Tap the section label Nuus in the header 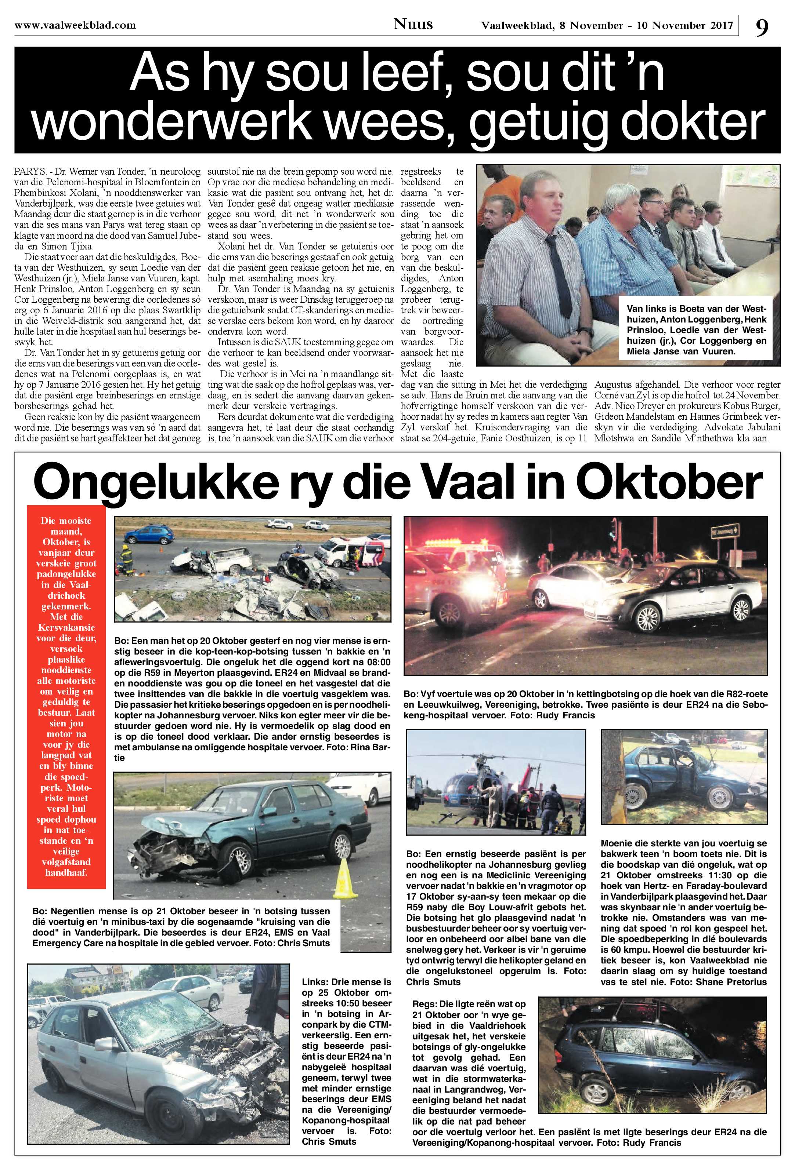coord(413,23)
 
